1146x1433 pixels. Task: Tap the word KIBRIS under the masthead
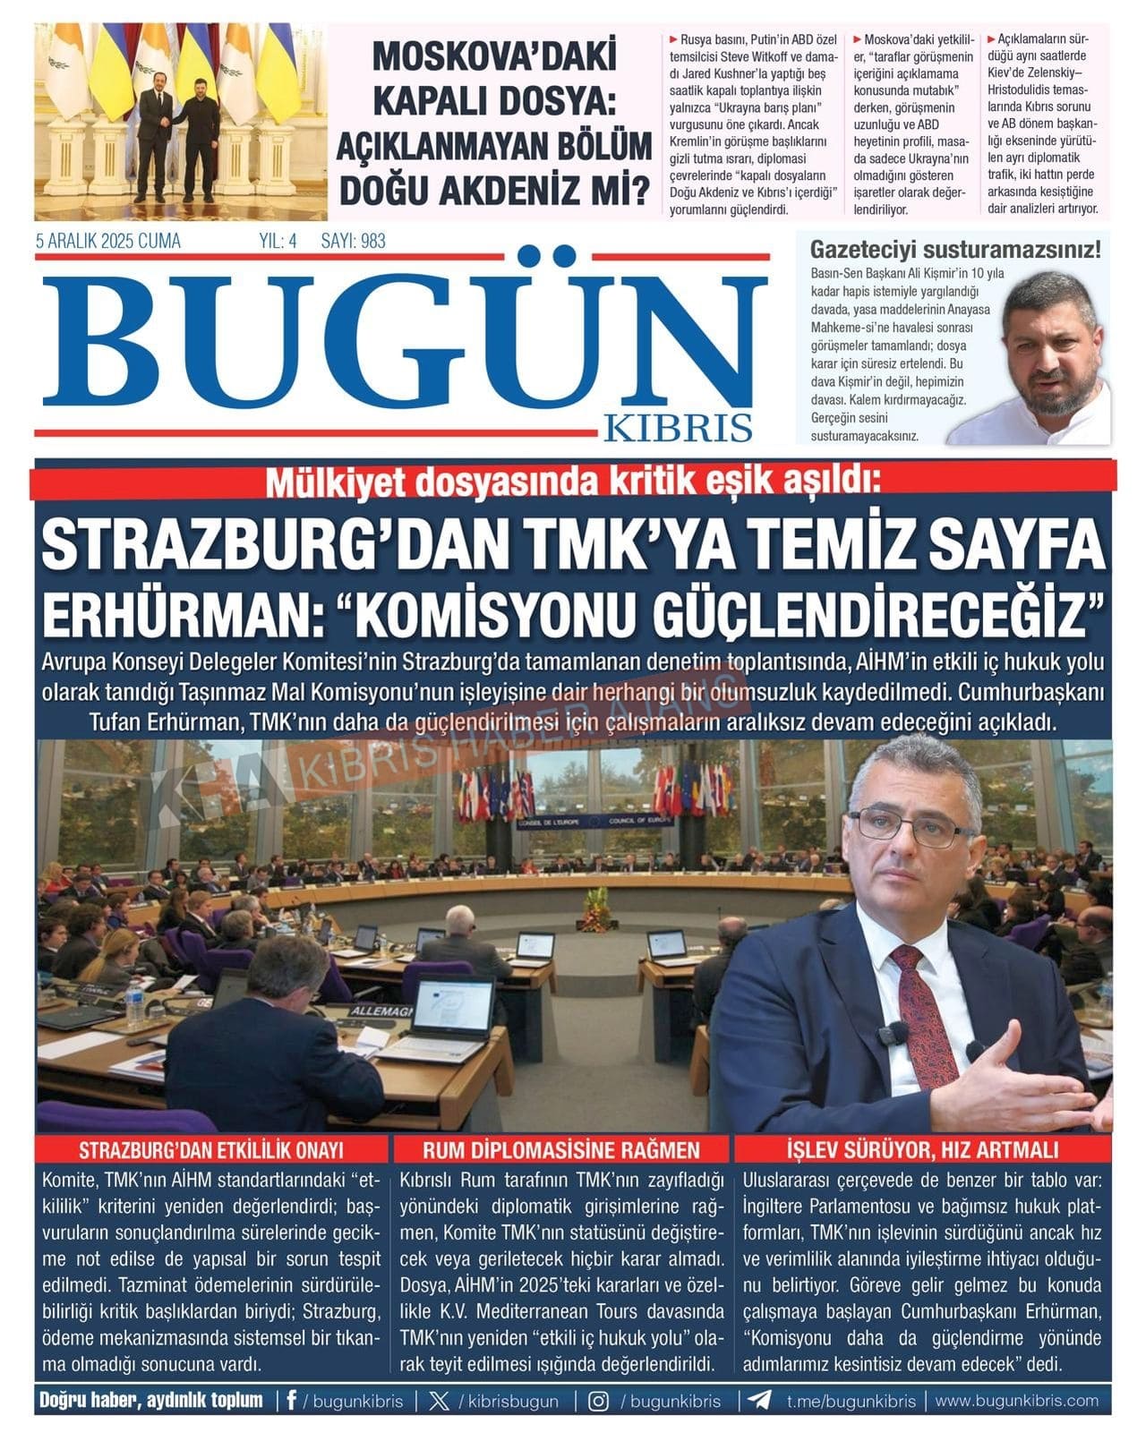[678, 428]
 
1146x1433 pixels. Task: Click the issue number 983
[370, 241]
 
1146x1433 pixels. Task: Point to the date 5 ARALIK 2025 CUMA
[107, 241]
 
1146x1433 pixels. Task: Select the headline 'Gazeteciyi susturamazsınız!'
[954, 250]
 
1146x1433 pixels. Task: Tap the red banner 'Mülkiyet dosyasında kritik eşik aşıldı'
[573, 482]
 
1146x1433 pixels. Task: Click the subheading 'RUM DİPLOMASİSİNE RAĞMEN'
[561, 1149]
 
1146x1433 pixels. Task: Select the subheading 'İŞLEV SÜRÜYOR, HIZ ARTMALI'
[923, 1149]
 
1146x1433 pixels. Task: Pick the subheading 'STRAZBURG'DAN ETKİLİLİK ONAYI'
[211, 1149]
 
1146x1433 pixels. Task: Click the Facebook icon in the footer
[291, 1401]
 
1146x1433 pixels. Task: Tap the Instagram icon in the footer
[598, 1401]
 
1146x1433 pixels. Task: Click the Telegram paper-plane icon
[759, 1401]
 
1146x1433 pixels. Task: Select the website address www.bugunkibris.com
[1016, 1401]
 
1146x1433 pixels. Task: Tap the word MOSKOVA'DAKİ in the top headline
[494, 56]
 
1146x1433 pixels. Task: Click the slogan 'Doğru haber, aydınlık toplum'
[151, 1401]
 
